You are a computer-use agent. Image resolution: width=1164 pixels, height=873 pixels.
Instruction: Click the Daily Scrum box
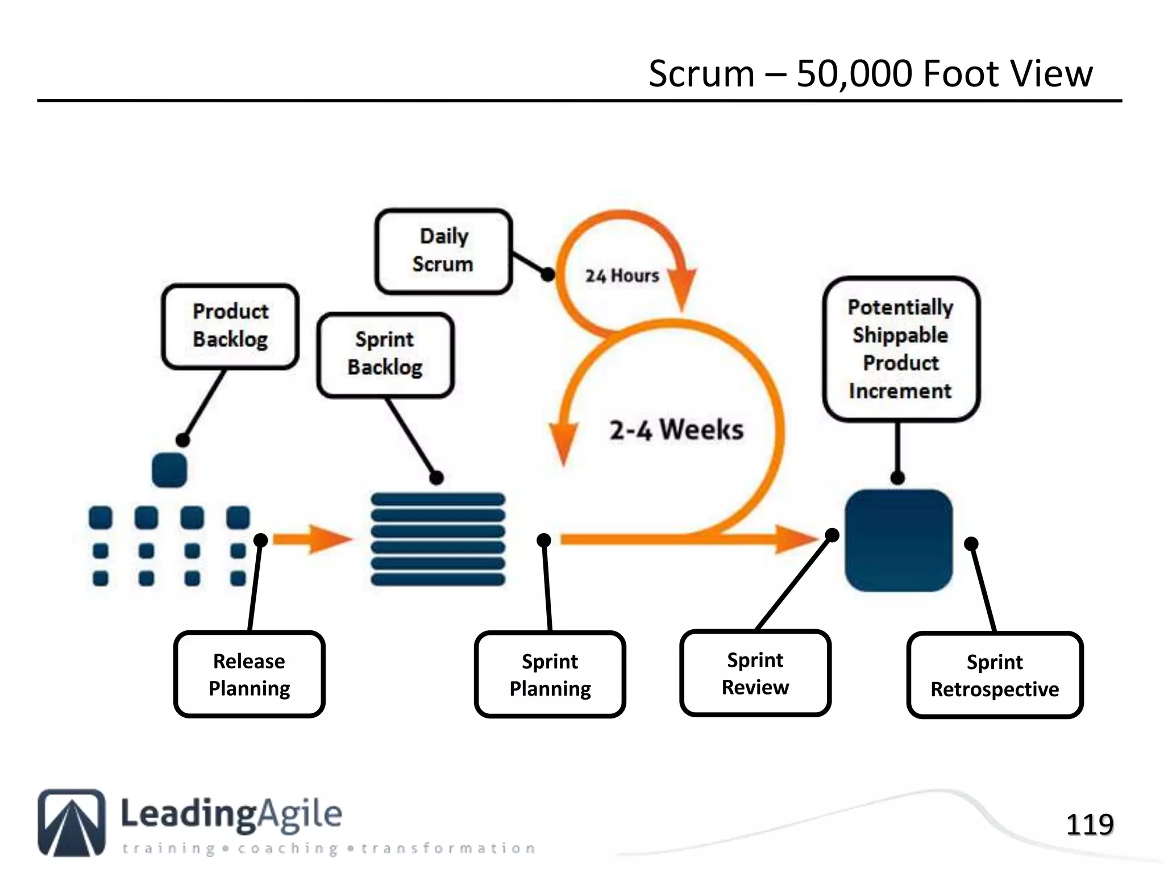pos(443,251)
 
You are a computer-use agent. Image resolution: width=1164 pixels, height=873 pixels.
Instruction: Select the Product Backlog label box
pos(230,326)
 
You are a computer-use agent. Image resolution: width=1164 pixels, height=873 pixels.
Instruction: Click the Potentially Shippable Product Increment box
pos(900,349)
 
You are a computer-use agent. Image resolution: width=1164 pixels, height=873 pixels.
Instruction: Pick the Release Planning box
pos(249,675)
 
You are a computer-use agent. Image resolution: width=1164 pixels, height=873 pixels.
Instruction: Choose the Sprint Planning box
pos(550,675)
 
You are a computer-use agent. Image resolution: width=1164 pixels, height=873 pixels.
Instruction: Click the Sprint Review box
pos(755,674)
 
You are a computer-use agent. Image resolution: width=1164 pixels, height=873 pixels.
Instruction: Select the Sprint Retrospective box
pos(994,676)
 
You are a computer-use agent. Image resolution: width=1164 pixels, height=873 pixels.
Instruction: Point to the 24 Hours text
pos(622,276)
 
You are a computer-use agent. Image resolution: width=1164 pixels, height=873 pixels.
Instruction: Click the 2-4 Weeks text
pos(676,430)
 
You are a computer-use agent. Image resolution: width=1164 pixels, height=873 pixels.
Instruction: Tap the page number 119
pos(1089,825)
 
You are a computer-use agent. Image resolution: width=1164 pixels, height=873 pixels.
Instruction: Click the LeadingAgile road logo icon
pos(72,822)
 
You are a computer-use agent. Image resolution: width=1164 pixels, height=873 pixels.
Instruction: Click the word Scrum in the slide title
pos(701,74)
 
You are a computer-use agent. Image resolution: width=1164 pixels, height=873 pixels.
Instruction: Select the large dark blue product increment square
pos(898,540)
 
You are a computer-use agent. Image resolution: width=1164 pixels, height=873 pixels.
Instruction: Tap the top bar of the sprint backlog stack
pos(438,500)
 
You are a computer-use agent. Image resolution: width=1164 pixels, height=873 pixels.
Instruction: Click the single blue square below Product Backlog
pos(169,470)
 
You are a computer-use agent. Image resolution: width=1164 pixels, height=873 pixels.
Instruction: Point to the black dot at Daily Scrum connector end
pos(547,275)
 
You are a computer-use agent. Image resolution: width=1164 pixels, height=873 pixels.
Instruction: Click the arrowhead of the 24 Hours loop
pos(682,287)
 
